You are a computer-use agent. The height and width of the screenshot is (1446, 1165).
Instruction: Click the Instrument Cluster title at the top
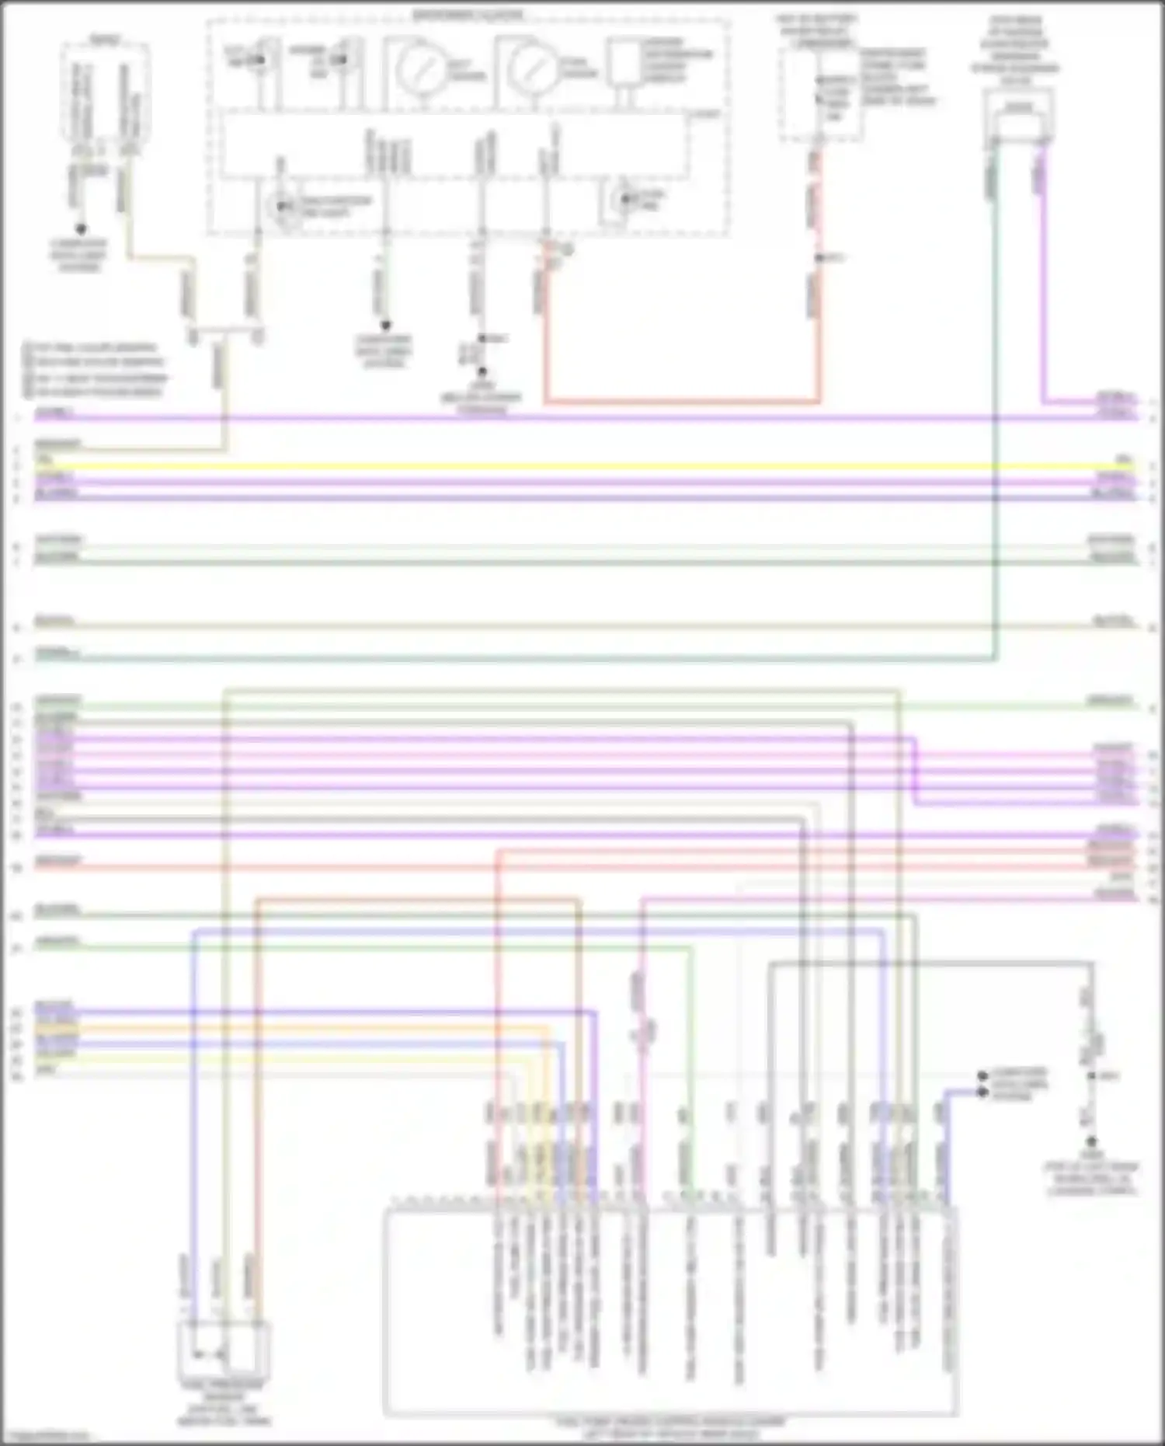[x=468, y=15]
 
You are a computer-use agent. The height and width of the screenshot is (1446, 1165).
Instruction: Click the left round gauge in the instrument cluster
[x=420, y=70]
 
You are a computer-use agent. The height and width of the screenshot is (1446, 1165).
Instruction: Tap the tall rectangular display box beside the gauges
[x=621, y=62]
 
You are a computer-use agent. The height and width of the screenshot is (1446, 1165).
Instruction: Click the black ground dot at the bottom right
[x=1091, y=1141]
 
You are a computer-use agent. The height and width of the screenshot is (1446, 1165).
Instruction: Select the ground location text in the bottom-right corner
[x=1091, y=1178]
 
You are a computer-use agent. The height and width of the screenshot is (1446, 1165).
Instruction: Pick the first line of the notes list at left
[x=90, y=347]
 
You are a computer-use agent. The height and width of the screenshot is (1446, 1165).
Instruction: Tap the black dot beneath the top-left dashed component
[x=80, y=229]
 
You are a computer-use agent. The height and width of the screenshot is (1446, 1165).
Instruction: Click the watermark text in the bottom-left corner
[x=45, y=1436]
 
